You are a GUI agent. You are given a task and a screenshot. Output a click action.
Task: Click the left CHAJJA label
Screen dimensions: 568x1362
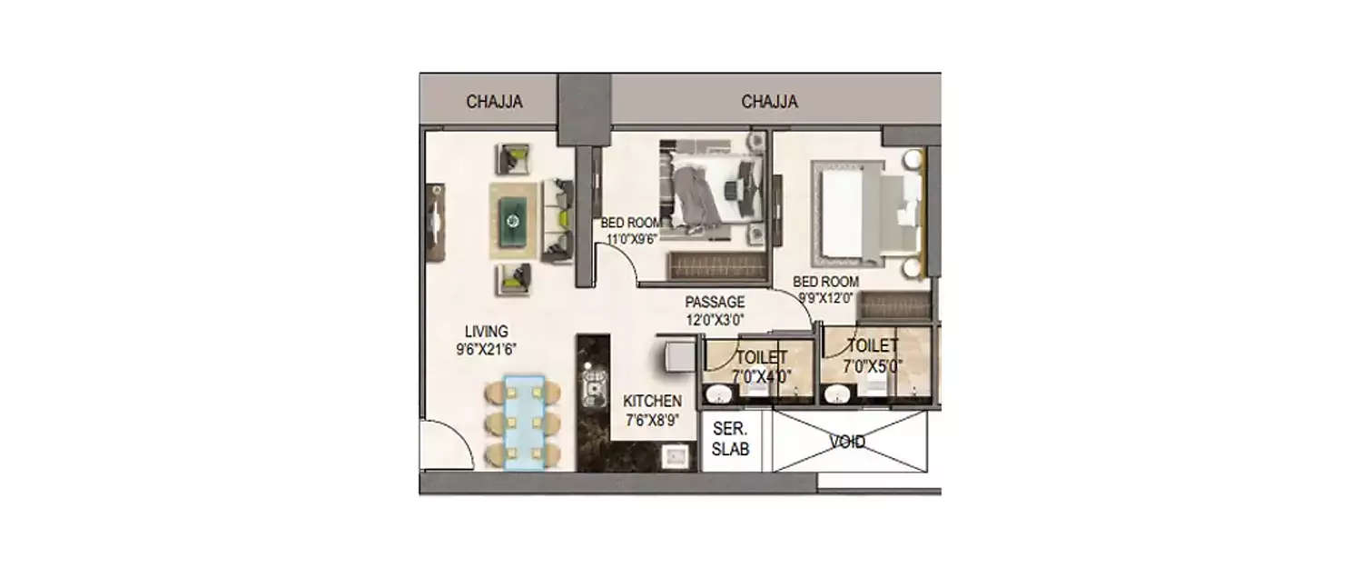coord(494,102)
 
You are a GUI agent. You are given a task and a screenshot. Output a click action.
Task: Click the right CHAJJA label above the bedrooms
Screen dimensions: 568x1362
coord(769,102)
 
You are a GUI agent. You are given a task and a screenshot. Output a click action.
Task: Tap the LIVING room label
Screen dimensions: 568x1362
coord(487,332)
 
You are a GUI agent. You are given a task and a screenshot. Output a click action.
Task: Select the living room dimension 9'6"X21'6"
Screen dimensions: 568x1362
coord(487,349)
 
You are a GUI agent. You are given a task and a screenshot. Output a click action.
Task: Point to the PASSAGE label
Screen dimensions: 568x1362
coord(715,302)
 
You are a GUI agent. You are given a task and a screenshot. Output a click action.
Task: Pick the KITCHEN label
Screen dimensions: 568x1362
coord(652,401)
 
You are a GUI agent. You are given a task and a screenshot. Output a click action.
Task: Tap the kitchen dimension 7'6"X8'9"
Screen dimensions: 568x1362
coord(652,420)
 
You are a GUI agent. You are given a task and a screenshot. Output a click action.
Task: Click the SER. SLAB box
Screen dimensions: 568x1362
coord(730,439)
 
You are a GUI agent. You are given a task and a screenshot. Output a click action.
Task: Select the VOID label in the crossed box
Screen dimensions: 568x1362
coord(847,443)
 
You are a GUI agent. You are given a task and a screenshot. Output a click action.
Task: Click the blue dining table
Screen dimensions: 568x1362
coord(524,422)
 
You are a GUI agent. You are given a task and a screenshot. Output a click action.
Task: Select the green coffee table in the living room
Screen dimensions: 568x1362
coord(515,220)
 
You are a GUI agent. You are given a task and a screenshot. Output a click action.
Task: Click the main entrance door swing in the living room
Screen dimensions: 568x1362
coord(445,447)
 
